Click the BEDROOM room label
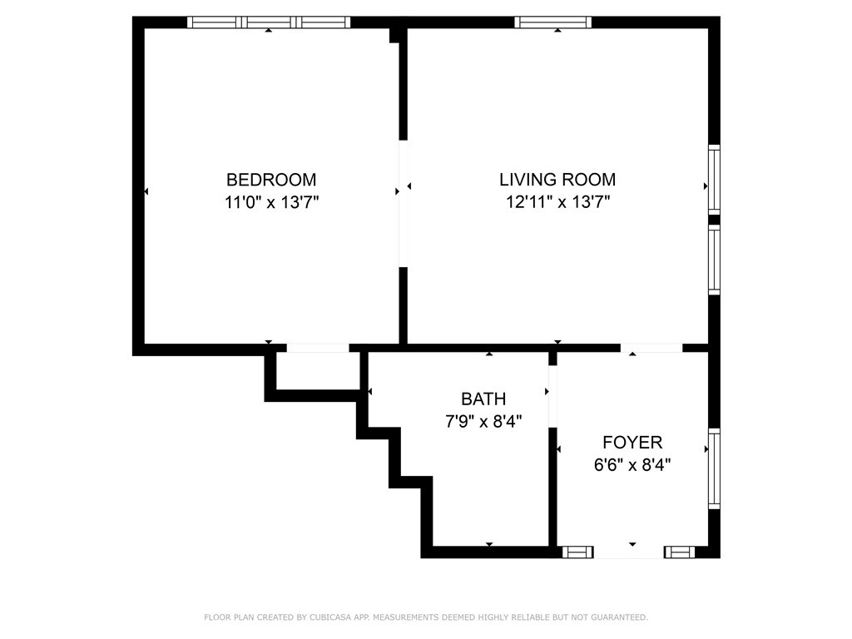pos(271,180)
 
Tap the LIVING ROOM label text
pos(557,180)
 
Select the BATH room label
pos(483,399)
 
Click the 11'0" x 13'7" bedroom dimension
pos(271,202)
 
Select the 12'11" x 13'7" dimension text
pos(557,202)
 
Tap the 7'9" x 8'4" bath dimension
pos(483,421)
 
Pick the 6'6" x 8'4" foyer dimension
pos(632,465)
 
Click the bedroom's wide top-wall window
pos(269,22)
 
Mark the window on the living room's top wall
pos(553,22)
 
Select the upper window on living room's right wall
pos(714,179)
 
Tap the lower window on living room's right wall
pos(714,259)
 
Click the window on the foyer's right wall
pos(714,468)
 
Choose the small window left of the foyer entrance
pos(577,552)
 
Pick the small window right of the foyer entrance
pos(679,552)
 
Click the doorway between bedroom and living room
pos(404,204)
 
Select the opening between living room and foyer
pos(651,348)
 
